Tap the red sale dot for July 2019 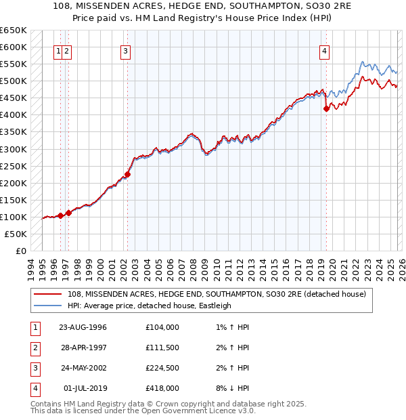(326, 108)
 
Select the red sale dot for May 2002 (127, 174)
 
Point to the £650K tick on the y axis (13, 30)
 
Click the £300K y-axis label (13, 149)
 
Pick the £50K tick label (16, 234)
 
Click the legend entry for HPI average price (150, 306)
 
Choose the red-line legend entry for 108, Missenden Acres (217, 294)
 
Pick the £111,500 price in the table (162, 348)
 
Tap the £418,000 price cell (162, 388)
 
